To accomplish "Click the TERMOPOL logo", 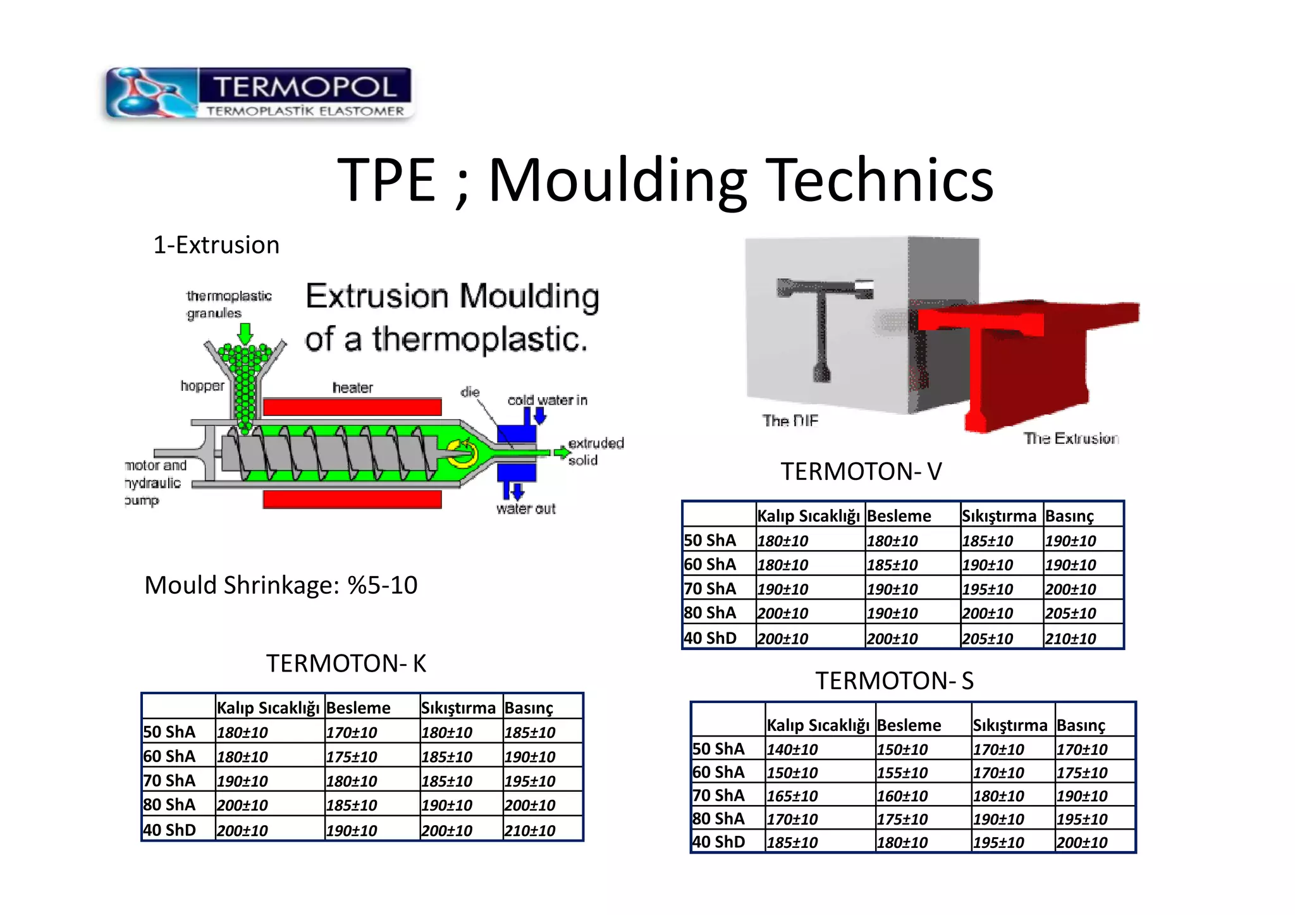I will (259, 94).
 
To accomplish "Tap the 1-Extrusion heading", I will (216, 245).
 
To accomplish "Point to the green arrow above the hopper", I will (245, 333).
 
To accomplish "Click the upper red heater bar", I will (352, 407).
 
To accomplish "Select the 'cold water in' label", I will (548, 400).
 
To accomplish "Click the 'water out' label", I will (525, 509).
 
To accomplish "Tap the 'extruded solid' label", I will (595, 451).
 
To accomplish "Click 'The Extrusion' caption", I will (1071, 439).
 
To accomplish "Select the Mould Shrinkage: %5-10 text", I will (281, 586).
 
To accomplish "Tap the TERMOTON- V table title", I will (861, 472).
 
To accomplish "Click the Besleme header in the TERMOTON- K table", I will (359, 708).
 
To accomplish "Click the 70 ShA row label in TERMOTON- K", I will (169, 781).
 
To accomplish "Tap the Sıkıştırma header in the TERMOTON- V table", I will (998, 516).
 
